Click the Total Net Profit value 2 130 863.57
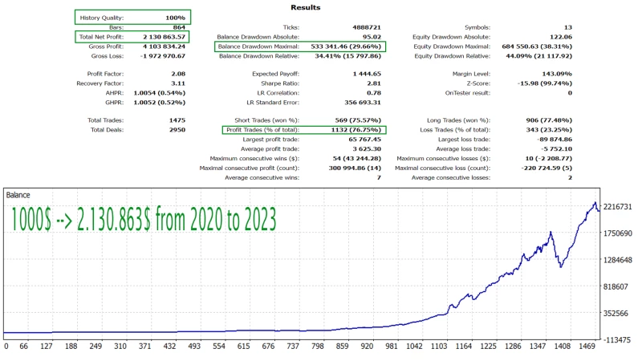tap(164, 37)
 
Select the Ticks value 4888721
tap(365, 27)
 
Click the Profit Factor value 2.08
tap(177, 73)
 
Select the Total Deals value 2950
tap(174, 129)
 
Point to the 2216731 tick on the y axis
tap(619, 207)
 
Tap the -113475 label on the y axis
tap(619, 339)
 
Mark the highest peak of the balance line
tap(595, 203)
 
